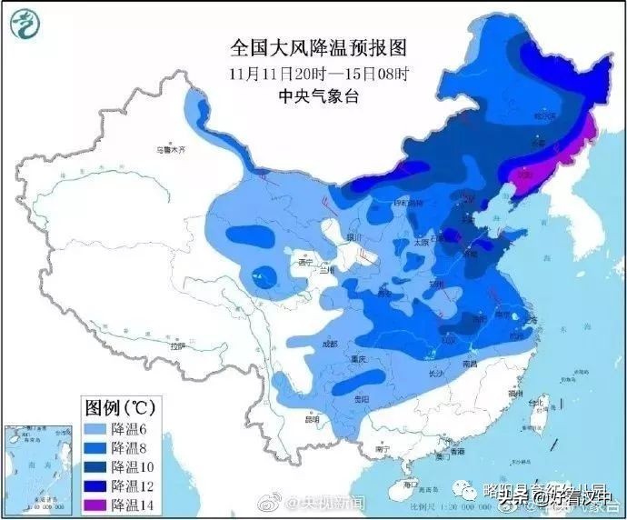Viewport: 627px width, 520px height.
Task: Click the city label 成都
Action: point(328,344)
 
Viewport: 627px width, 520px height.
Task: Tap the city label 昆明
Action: point(313,419)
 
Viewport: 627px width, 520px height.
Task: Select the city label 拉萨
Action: point(178,345)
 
